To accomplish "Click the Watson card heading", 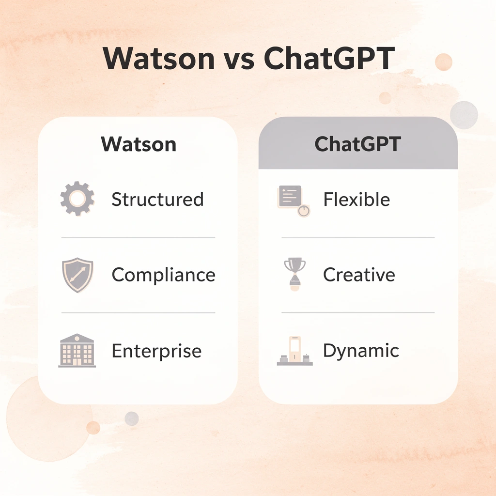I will pos(139,144).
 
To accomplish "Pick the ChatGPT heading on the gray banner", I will pos(357,144).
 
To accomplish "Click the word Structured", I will pos(157,200).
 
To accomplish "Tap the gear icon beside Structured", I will pos(77,199).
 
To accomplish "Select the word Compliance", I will pos(163,275).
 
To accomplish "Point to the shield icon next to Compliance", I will pos(77,275).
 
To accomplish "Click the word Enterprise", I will pos(156,351).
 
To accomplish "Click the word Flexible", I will pos(356,200).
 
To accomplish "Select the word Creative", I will pos(358,275).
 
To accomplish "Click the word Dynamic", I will pos(361,351).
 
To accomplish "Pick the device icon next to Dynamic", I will pos(294,351).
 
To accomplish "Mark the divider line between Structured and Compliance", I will pos(138,237).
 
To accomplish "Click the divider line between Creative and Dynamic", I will pos(358,312).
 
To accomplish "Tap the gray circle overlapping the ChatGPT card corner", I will pos(464,115).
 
